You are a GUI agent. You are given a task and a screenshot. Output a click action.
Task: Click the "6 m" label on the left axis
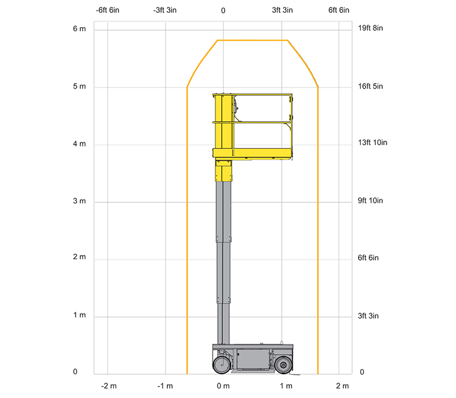[x=79, y=28]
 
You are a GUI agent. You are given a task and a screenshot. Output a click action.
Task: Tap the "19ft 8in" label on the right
[x=370, y=28]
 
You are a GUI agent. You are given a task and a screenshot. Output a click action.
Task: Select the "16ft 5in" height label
[x=370, y=86]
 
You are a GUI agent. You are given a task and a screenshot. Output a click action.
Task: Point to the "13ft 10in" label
[x=372, y=142]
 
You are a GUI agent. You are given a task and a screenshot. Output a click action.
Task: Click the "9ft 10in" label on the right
[x=370, y=201]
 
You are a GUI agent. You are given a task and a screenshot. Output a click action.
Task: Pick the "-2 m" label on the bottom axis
[x=109, y=386]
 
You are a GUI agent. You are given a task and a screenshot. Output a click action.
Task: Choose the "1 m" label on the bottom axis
[x=286, y=386]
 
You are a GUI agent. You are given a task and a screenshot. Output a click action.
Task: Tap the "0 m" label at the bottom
[x=223, y=386]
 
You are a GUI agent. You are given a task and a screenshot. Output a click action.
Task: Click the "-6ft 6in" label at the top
[x=107, y=10]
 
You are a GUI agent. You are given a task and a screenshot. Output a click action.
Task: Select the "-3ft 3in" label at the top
[x=165, y=10]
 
